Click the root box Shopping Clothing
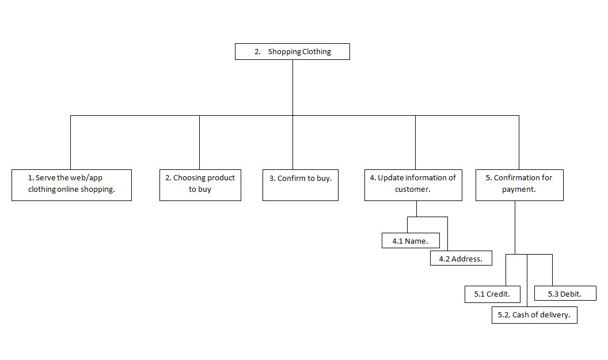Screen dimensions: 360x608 (x=292, y=51)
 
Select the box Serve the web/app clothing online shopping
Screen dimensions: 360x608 (x=71, y=184)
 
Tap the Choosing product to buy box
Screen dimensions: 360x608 (x=200, y=184)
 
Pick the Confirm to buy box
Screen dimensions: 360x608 (x=300, y=184)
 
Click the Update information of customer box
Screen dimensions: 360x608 (x=413, y=184)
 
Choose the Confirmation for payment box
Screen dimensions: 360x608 (x=519, y=184)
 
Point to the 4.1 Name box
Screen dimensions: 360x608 (x=411, y=241)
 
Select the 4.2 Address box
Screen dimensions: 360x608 (x=461, y=259)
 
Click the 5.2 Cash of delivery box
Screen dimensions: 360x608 (x=534, y=315)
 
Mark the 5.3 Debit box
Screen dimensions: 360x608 (x=564, y=294)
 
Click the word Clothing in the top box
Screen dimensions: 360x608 (x=317, y=52)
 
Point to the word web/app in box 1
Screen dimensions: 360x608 (x=87, y=178)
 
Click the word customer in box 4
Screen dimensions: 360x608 (x=412, y=190)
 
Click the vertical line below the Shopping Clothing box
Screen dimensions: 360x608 (x=292, y=86)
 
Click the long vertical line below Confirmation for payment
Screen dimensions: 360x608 (x=515, y=227)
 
